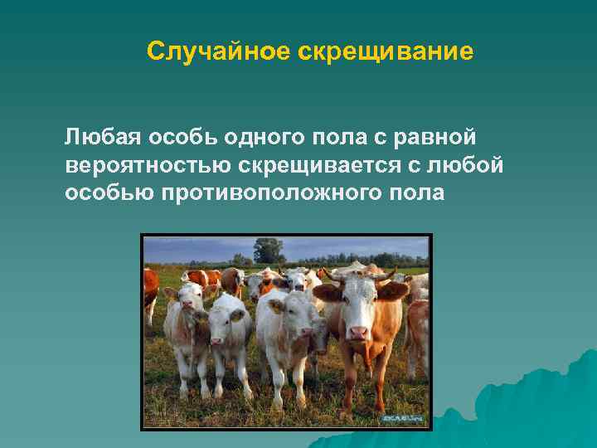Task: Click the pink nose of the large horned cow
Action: click(357, 332)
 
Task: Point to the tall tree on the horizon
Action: click(268, 249)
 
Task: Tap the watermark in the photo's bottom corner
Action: click(403, 419)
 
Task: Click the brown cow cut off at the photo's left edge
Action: click(150, 290)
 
